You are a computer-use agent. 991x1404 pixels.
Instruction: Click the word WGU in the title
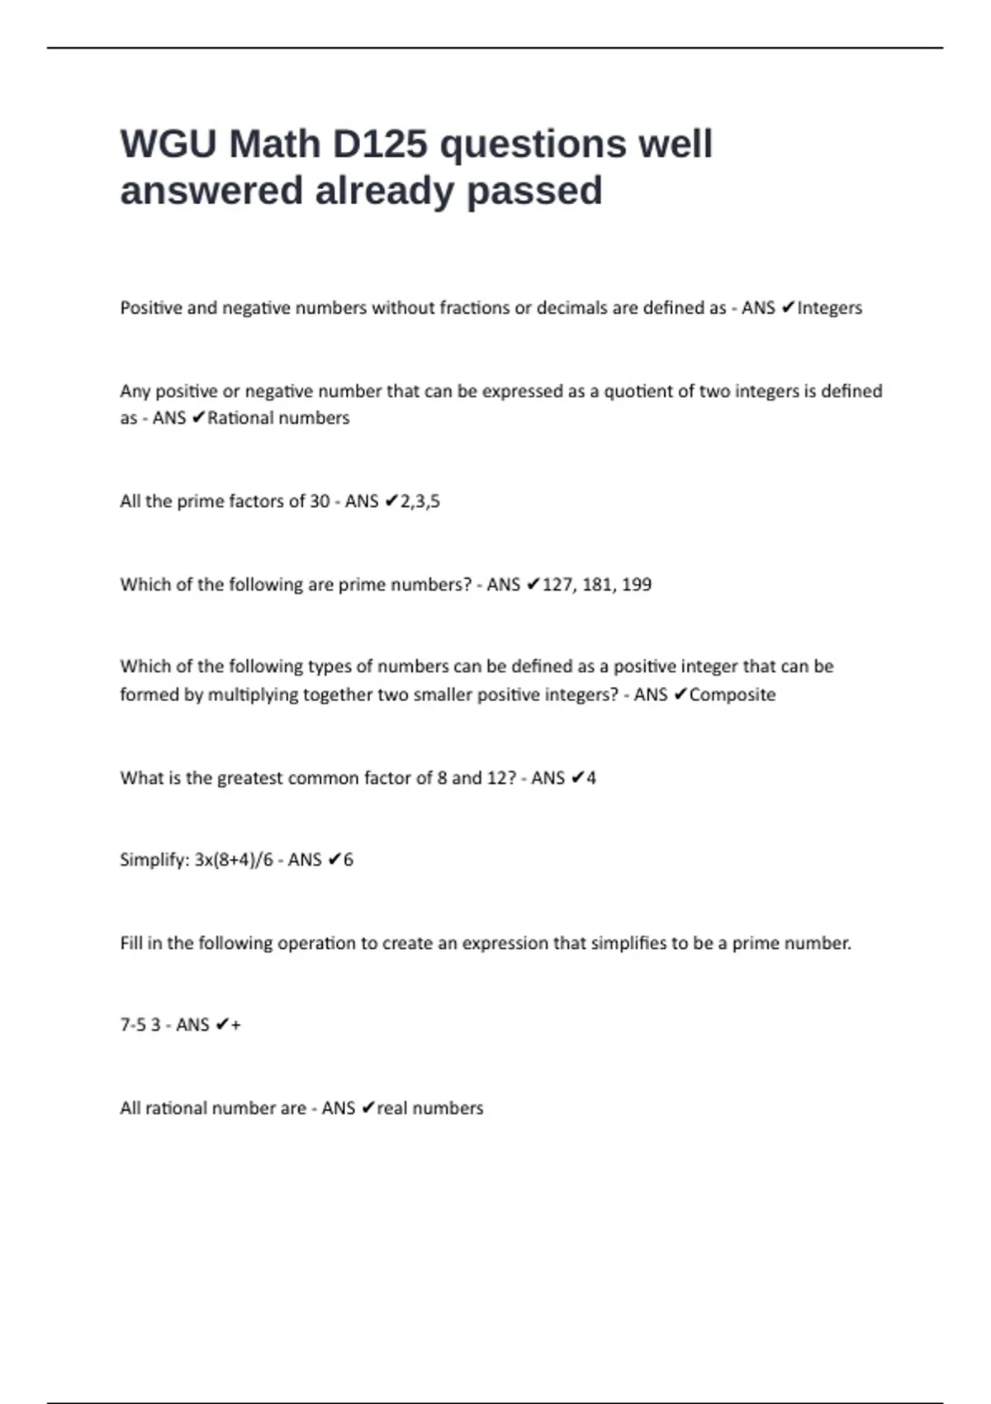click(168, 145)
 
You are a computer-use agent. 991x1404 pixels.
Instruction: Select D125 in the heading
click(380, 145)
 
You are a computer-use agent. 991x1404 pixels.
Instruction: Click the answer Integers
click(829, 308)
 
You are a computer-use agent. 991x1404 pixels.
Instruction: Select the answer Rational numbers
click(278, 418)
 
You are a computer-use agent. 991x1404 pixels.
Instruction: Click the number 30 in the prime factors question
click(320, 501)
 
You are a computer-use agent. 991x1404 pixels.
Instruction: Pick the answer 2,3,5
click(420, 501)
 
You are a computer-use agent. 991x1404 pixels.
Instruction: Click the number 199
click(636, 585)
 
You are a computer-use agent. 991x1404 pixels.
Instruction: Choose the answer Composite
click(733, 695)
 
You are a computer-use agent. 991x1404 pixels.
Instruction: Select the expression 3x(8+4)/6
click(234, 860)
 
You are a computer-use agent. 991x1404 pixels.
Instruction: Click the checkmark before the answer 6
click(334, 860)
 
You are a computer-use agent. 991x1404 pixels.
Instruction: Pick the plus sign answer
click(236, 1025)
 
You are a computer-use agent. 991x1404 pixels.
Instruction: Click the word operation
click(316, 943)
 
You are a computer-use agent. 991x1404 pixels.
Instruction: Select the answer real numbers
click(430, 1108)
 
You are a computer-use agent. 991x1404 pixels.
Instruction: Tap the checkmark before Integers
click(787, 308)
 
